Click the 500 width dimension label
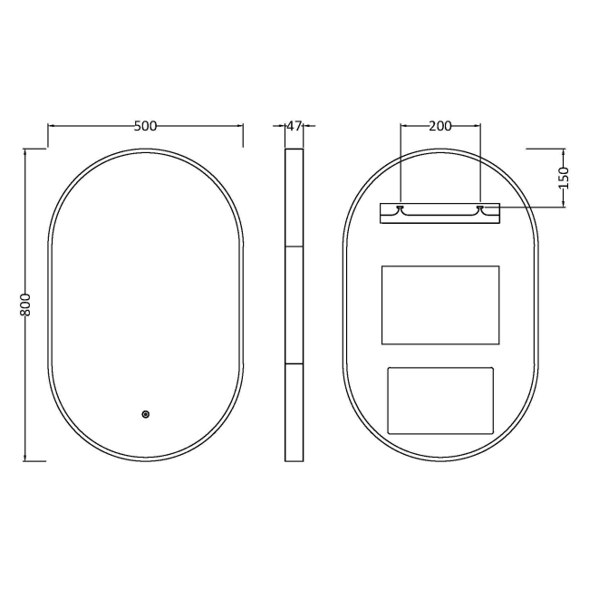tap(145, 126)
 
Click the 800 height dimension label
tap(26, 304)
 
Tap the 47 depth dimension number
tap(294, 126)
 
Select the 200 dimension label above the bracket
tap(439, 126)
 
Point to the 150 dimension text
tap(563, 176)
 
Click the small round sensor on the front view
tap(145, 414)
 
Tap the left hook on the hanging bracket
tap(400, 209)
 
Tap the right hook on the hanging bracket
tap(480, 209)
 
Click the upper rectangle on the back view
tap(440, 304)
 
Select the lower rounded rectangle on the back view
tap(440, 400)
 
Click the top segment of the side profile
tap(294, 197)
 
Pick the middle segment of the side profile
tap(294, 304)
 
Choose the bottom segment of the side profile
tap(294, 412)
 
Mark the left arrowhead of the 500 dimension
tap(51, 126)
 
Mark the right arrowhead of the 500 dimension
tap(240, 126)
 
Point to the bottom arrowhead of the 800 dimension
tap(26, 458)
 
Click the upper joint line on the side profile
tap(294, 246)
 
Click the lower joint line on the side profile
tap(294, 363)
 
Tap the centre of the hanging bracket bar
tap(439, 213)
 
